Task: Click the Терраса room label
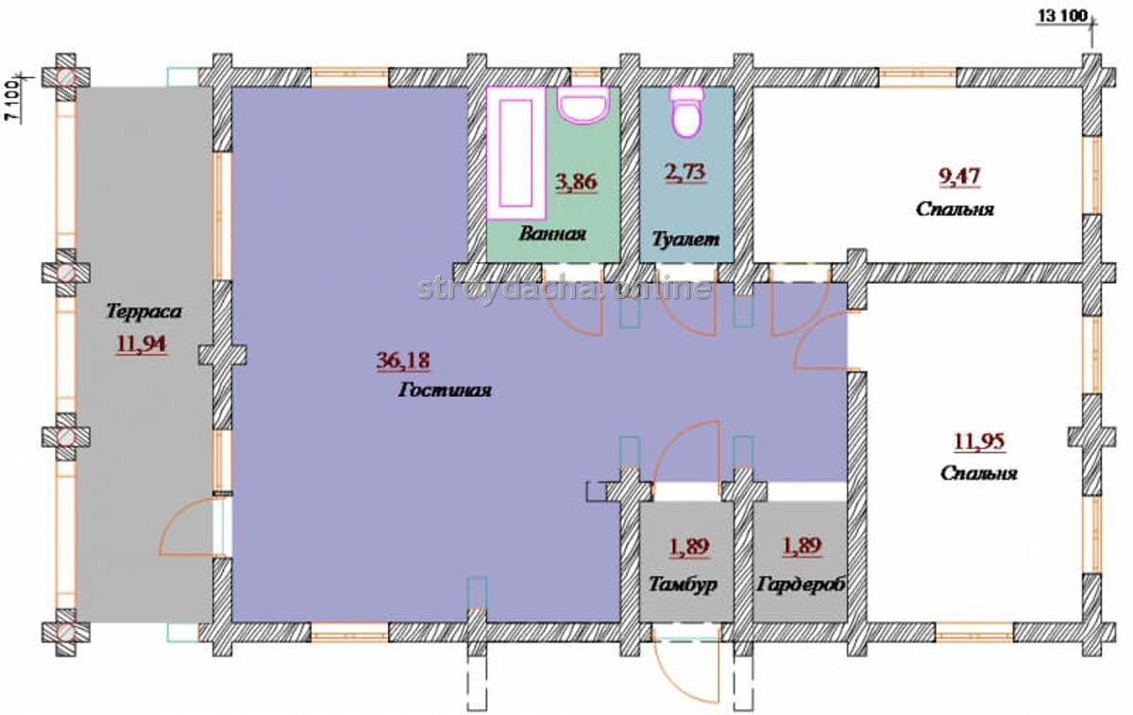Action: click(144, 311)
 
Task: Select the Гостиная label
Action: click(445, 391)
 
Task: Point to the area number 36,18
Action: click(403, 360)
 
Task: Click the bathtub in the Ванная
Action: click(516, 153)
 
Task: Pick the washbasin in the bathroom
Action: click(583, 105)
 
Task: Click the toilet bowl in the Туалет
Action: click(686, 111)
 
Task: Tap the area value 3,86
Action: click(577, 182)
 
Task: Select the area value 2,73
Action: click(685, 173)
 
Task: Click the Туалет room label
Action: click(685, 239)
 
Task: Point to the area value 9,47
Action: click(959, 176)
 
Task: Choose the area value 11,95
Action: click(979, 441)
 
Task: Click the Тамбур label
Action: click(683, 584)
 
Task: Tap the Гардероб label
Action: click(802, 584)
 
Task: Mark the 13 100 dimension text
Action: click(1063, 16)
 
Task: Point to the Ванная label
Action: click(552, 233)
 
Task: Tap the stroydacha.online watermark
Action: click(565, 288)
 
